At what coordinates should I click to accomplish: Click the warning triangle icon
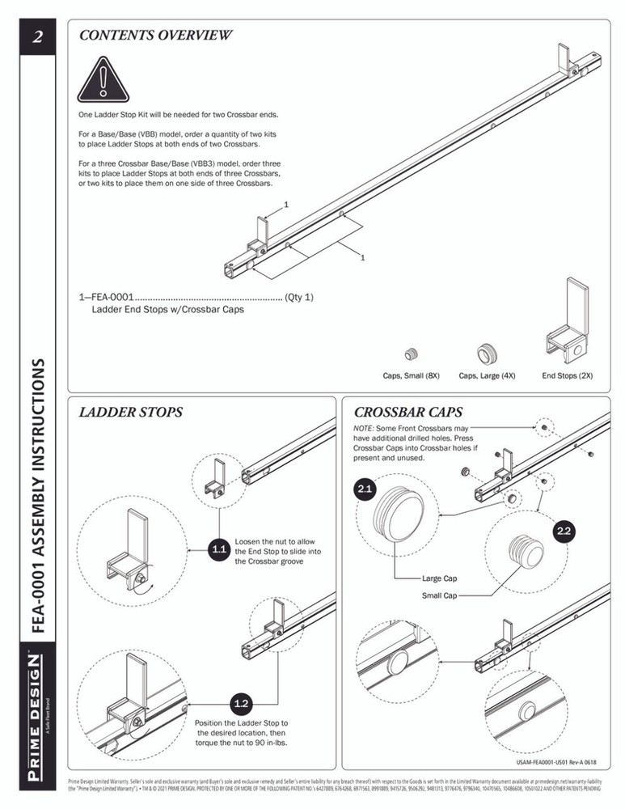click(x=103, y=82)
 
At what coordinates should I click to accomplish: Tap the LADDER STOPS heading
click(x=130, y=412)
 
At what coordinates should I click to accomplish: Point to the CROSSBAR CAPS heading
click(x=408, y=412)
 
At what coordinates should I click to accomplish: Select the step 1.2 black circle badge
click(x=240, y=701)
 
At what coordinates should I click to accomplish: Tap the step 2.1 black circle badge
click(x=364, y=489)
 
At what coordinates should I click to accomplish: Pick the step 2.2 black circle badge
click(x=564, y=531)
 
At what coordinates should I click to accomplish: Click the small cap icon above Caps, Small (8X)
click(x=412, y=353)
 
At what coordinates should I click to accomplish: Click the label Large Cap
click(x=440, y=579)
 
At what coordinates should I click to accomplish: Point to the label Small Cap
click(x=440, y=595)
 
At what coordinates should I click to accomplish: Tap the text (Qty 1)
click(x=298, y=297)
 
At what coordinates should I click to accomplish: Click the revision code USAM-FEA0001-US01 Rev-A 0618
click(x=556, y=761)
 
